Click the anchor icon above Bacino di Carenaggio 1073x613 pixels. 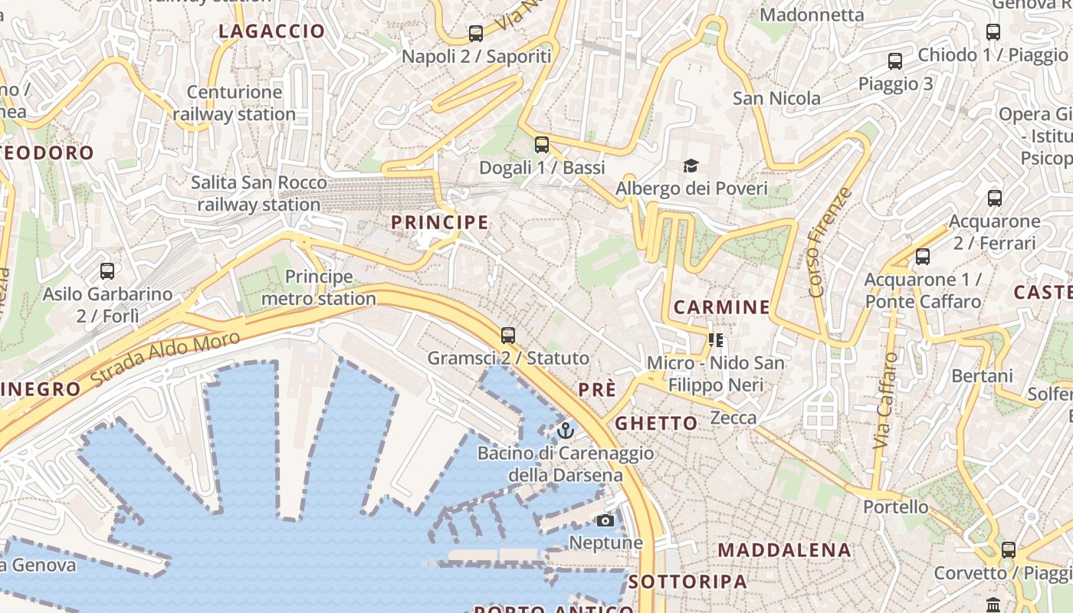566,430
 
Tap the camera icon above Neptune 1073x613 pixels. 605,520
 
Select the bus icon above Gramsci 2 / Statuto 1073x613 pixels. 507,335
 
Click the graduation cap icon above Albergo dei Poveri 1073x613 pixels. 691,166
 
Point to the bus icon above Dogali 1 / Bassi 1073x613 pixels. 542,144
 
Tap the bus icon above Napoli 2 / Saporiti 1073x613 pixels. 476,33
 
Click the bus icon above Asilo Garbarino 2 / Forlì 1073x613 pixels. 107,270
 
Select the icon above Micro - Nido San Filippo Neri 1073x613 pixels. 716,339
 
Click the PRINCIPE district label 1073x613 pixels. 439,222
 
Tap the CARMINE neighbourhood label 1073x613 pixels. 721,307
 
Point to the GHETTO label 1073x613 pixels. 657,423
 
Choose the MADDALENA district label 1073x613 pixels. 784,550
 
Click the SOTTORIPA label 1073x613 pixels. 687,582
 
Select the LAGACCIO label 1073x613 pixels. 272,31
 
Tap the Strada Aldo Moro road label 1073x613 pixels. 165,358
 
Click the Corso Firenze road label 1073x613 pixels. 829,242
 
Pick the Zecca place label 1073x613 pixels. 733,418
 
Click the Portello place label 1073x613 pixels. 895,507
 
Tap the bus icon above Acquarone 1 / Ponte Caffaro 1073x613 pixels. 923,257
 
